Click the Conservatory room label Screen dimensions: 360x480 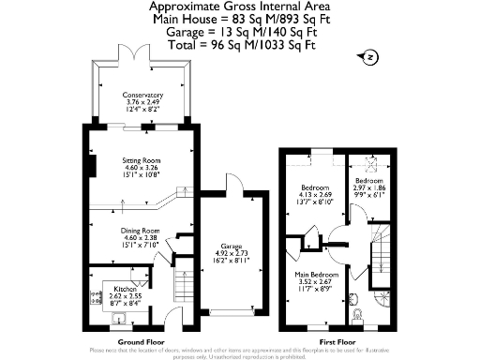click(143, 95)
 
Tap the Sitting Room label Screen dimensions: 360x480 click(142, 159)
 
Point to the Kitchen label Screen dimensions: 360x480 click(126, 289)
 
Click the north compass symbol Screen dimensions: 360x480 click(371, 58)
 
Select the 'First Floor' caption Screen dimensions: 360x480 click(335, 342)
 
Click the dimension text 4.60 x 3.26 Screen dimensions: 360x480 click(142, 167)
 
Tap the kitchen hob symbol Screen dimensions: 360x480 click(95, 299)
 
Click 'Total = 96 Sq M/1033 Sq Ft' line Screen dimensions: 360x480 click(240, 42)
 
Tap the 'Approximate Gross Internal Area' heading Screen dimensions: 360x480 click(240, 7)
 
